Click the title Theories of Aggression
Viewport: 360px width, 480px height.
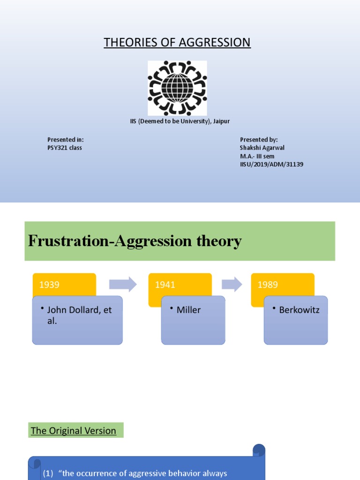point(177,43)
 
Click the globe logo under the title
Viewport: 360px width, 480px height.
point(177,88)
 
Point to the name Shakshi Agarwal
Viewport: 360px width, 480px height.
point(262,148)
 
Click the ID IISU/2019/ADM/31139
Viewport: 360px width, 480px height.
point(271,165)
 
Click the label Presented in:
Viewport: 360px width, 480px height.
point(66,140)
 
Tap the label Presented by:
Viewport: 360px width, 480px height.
point(259,140)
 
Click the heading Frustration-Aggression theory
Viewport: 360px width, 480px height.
point(135,241)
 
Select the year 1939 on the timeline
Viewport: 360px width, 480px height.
point(50,285)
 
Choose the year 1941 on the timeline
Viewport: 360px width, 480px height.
point(165,285)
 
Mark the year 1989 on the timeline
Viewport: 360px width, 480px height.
point(268,285)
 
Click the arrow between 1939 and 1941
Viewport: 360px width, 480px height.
point(122,284)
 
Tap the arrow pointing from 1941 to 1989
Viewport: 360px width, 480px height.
point(232,284)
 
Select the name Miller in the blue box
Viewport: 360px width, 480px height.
point(188,310)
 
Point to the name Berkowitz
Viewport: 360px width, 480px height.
point(299,310)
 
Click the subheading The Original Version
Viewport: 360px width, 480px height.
point(74,430)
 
